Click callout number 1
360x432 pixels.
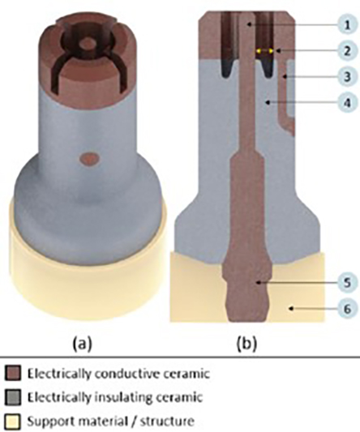pos(347,25)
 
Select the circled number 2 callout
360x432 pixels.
pos(347,51)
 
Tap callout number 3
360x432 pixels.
pos(347,76)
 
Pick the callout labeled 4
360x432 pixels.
pos(347,102)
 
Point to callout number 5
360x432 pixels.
pos(347,283)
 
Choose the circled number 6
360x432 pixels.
pos(347,309)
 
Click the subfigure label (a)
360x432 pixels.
pos(82,344)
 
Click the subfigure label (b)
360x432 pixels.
pos(246,344)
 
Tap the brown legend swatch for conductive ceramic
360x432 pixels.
pos(13,374)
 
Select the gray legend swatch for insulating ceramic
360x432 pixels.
pos(13,397)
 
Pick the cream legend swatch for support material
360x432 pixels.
pos(13,421)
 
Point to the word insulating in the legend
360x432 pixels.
pos(126,398)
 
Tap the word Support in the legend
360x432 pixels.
pos(47,421)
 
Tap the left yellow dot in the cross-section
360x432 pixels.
pos(259,51)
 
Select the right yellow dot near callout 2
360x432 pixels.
pos(271,51)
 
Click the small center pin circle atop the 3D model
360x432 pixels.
pos(88,44)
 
